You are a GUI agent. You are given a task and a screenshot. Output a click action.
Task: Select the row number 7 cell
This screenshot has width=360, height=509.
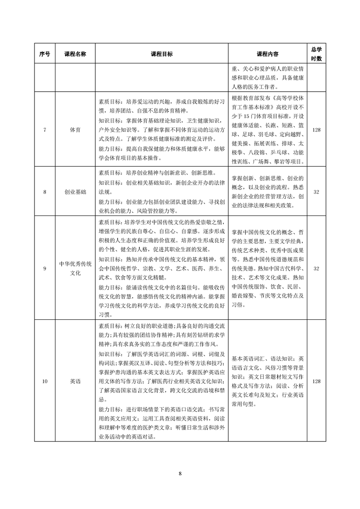44,130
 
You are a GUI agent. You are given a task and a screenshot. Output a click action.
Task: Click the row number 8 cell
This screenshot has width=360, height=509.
44,192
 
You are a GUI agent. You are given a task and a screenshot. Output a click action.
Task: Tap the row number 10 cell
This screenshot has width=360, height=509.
44,382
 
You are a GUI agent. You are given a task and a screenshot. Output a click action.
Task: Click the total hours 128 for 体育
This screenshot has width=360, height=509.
316,130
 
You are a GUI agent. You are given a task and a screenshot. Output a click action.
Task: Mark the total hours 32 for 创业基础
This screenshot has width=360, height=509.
316,192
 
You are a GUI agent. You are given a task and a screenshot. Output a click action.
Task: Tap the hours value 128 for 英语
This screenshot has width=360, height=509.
316,382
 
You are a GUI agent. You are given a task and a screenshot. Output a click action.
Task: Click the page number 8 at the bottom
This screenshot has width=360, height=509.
180,474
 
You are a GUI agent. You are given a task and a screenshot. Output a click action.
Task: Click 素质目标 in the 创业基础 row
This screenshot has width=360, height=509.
109,173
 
